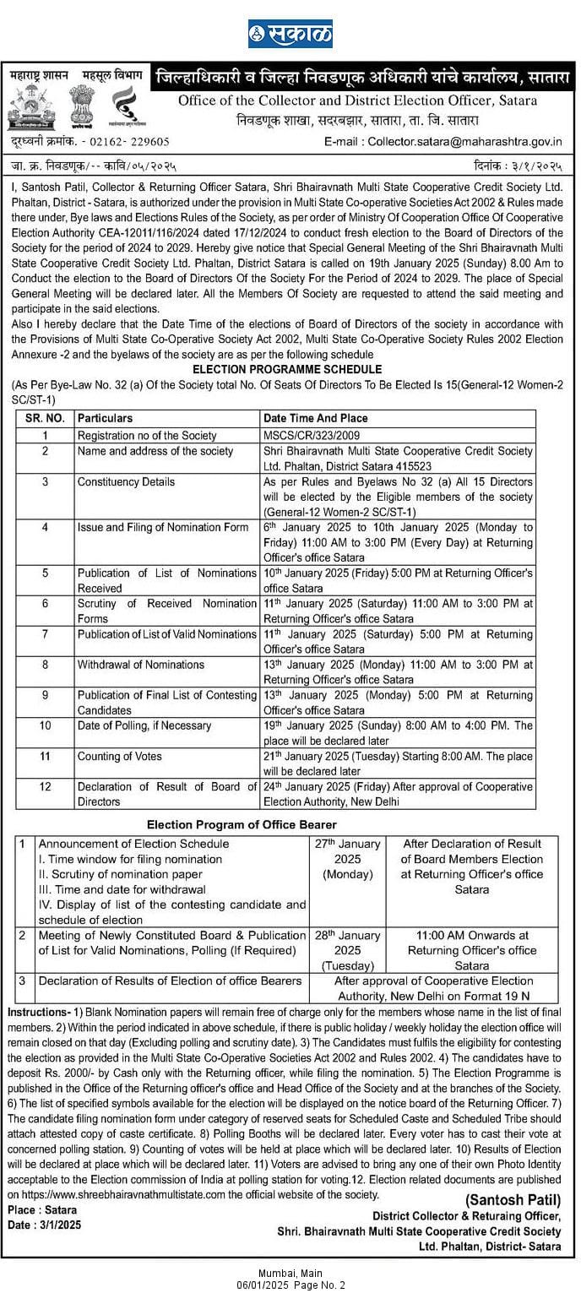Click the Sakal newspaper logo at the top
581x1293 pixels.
[x=290, y=35]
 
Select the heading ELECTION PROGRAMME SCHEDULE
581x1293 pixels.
[x=287, y=370]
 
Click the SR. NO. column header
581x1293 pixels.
[x=43, y=419]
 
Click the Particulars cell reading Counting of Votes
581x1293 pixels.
[x=119, y=756]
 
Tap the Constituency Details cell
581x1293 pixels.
[x=126, y=481]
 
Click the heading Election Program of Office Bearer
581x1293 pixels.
[x=242, y=824]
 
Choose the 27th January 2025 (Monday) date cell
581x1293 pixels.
[x=348, y=858]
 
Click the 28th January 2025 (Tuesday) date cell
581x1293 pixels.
[x=348, y=950]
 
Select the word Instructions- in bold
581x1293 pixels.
[x=38, y=1012]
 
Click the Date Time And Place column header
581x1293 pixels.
[x=315, y=419]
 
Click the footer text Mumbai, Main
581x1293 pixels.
[x=290, y=1273]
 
